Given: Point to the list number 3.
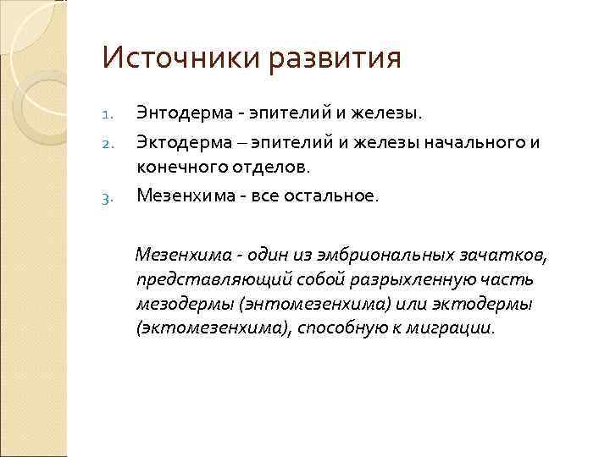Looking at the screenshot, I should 107,199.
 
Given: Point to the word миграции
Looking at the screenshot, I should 456,328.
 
